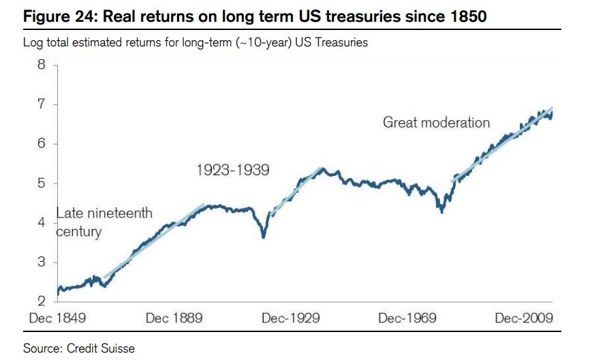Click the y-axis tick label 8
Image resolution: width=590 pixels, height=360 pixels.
[x=42, y=65]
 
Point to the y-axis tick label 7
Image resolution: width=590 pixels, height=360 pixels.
[x=42, y=105]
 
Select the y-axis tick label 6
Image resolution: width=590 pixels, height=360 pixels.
[x=42, y=144]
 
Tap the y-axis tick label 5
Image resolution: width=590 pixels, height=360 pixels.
[x=42, y=183]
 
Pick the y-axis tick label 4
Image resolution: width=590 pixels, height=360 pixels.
[x=42, y=223]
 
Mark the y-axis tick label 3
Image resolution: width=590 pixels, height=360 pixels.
[x=42, y=262]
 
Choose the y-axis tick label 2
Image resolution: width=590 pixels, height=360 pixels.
[x=42, y=301]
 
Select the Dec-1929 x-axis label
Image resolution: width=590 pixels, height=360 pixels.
[x=291, y=318]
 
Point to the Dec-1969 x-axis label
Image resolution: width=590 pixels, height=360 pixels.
[x=407, y=318]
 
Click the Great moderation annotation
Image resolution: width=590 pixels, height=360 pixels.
[x=436, y=123]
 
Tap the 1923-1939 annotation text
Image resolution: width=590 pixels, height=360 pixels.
[x=233, y=170]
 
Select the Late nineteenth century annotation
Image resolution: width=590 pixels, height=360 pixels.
[x=104, y=222]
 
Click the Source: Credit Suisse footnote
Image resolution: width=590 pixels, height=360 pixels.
[x=79, y=348]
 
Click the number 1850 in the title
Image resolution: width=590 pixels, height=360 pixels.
[x=467, y=16]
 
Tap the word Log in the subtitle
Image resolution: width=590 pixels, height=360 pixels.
[x=33, y=42]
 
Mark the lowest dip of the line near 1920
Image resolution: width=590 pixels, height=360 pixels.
[x=264, y=237]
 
